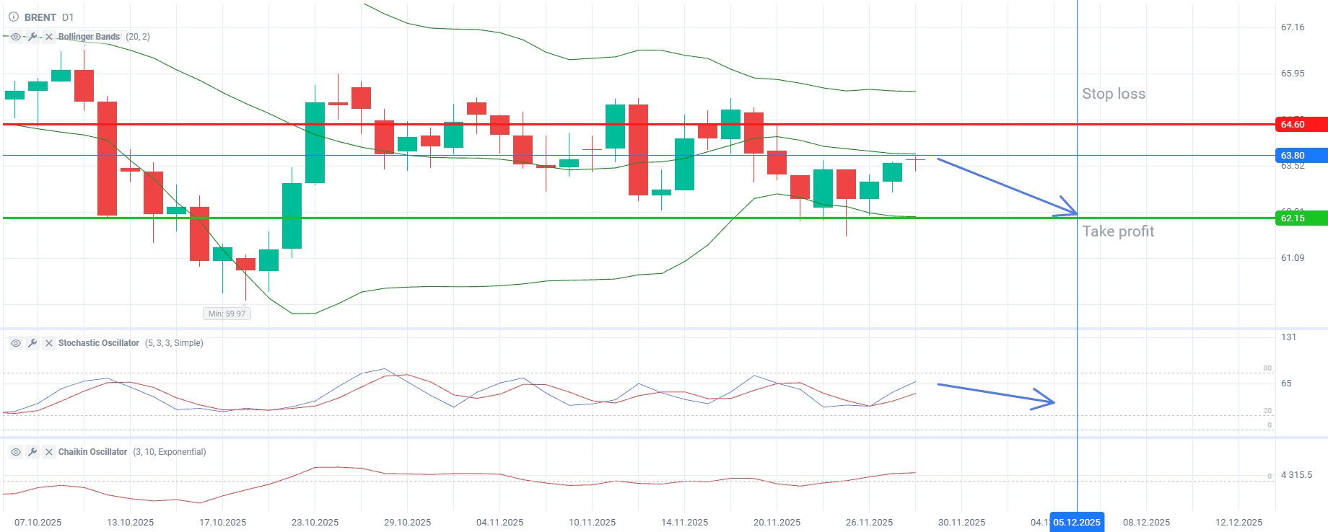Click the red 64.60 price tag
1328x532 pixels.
pos(1301,125)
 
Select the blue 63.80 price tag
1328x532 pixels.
pos(1301,156)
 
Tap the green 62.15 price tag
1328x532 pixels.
pos(1301,218)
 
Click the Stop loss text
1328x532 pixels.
pos(1114,94)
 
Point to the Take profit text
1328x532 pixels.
pos(1118,231)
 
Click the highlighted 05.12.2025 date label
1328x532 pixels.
pos(1077,523)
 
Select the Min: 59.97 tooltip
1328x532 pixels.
pos(227,314)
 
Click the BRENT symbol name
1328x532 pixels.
pos(40,17)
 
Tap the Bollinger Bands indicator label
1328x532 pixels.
pos(89,37)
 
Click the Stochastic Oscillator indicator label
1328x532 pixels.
pos(98,343)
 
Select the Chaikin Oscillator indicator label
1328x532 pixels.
pos(92,452)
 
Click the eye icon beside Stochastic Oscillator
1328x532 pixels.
pos(15,343)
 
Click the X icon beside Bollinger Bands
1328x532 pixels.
pos(49,37)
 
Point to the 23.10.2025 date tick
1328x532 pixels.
pos(315,523)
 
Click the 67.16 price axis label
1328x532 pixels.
pos(1293,27)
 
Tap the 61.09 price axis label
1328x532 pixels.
pos(1293,258)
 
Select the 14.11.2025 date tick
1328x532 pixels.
pos(684,523)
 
